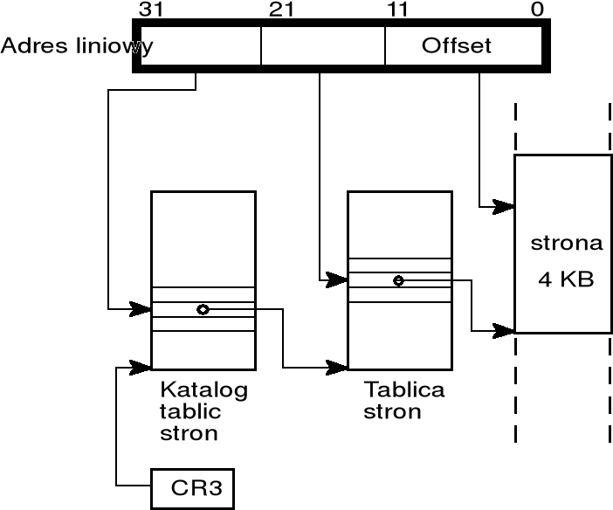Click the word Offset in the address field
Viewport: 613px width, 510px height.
point(457,45)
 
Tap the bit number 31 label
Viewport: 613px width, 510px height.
point(151,9)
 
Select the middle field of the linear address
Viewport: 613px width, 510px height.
point(322,45)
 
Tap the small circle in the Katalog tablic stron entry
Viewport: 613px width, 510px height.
point(203,309)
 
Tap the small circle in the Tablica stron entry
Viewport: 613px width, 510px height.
point(398,280)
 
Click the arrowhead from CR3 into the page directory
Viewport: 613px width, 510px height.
point(142,366)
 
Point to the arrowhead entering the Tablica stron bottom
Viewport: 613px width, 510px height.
point(339,366)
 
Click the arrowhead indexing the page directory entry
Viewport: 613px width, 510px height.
point(142,308)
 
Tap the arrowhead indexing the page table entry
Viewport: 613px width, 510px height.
point(339,279)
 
